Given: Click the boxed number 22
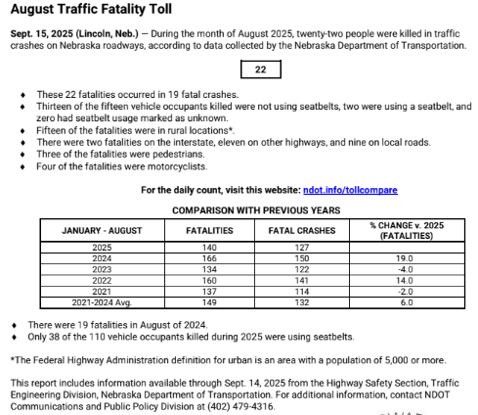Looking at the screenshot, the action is [x=261, y=70].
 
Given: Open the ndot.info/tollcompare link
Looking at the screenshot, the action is [x=350, y=190].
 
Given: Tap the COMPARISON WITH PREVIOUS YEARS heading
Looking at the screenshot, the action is [x=255, y=209].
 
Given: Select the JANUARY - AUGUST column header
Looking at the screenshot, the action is [x=101, y=230].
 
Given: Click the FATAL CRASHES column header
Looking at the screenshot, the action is [x=301, y=230].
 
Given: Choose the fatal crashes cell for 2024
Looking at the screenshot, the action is [x=301, y=258].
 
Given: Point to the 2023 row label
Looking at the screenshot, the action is [x=102, y=268].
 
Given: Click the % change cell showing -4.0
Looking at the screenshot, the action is [x=406, y=268].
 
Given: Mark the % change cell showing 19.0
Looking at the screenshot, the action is [x=406, y=258].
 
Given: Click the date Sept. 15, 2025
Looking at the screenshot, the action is [x=48, y=33].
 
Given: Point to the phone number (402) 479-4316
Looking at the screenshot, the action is [x=243, y=405].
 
